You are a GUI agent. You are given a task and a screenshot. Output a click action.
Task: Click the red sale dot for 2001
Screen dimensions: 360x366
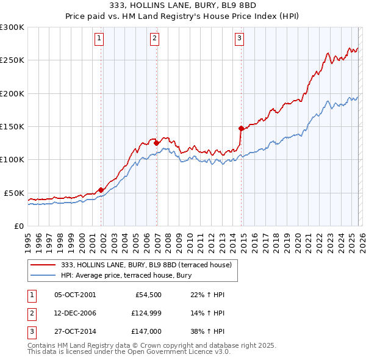coord(101,190)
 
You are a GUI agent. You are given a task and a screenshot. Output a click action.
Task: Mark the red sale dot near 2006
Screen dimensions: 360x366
coord(157,143)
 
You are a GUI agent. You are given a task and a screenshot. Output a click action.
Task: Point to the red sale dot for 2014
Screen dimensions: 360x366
coord(242,128)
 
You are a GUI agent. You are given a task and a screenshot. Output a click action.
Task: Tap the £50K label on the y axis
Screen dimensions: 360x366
coord(15,193)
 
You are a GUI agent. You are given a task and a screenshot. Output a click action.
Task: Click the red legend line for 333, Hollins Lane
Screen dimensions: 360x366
coord(44,265)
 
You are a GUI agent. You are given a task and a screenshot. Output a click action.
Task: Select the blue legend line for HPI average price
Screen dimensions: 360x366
coord(44,276)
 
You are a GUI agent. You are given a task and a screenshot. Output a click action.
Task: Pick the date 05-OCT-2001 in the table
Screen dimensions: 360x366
coord(75,295)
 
